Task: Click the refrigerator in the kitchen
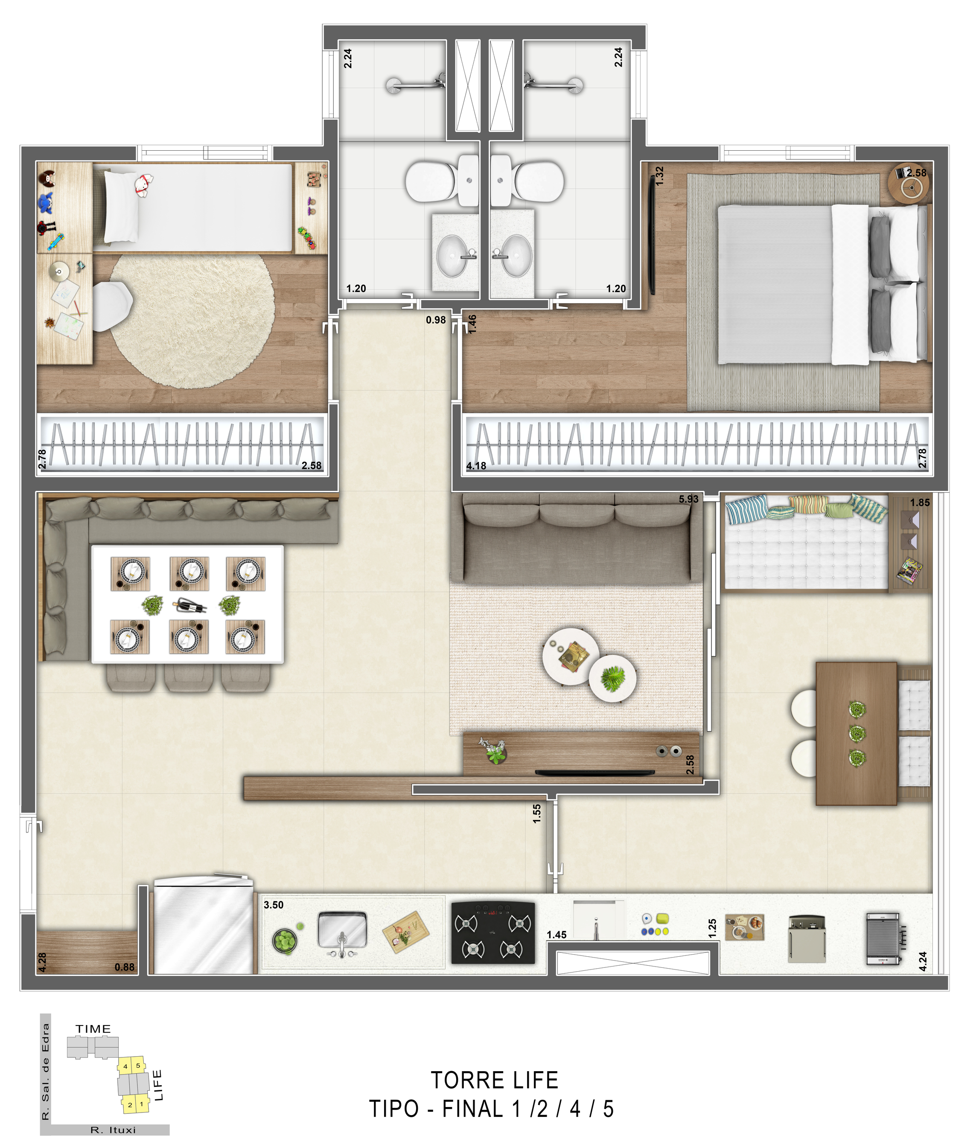[x=203, y=926]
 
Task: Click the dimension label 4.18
[x=476, y=466]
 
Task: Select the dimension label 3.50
[x=273, y=905]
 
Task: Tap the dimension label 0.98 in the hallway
[x=435, y=320]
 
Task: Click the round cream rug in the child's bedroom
[x=192, y=320]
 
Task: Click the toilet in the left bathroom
[x=431, y=181]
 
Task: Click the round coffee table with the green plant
[x=612, y=678]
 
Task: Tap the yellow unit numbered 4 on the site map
[x=125, y=1066]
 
